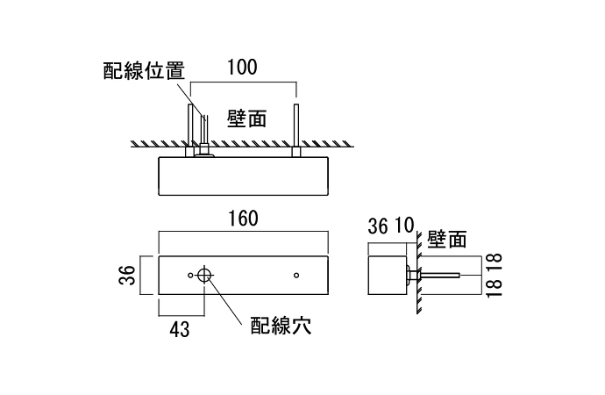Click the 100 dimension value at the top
pos(242,68)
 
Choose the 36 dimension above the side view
pos(378,226)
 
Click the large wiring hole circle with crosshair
pos(206,276)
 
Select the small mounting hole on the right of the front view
pos(296,276)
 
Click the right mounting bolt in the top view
pos(297,128)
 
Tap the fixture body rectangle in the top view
pos(242,177)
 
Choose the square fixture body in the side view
pos(387,276)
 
